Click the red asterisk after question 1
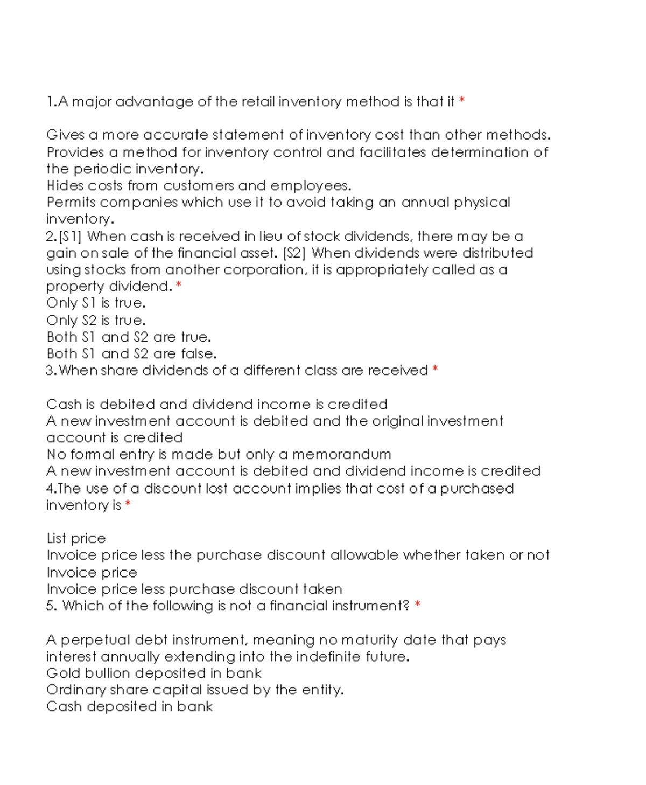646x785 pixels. coord(462,100)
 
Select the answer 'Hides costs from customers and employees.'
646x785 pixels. coord(199,186)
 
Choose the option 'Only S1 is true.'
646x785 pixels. coord(96,303)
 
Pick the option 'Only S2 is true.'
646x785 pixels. coord(96,320)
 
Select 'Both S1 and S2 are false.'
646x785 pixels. coord(131,354)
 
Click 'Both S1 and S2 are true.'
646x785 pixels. coord(129,337)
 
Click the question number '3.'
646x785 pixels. coord(51,371)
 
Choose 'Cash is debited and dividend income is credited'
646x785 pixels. coord(216,404)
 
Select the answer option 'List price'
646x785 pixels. coord(76,538)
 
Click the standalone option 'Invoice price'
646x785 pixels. coord(92,572)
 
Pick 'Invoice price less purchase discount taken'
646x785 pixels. coord(194,589)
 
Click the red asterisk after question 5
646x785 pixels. coord(418,606)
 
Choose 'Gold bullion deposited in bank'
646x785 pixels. coord(153,673)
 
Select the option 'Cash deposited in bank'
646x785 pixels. coord(129,706)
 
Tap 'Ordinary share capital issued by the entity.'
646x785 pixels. coord(195,690)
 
